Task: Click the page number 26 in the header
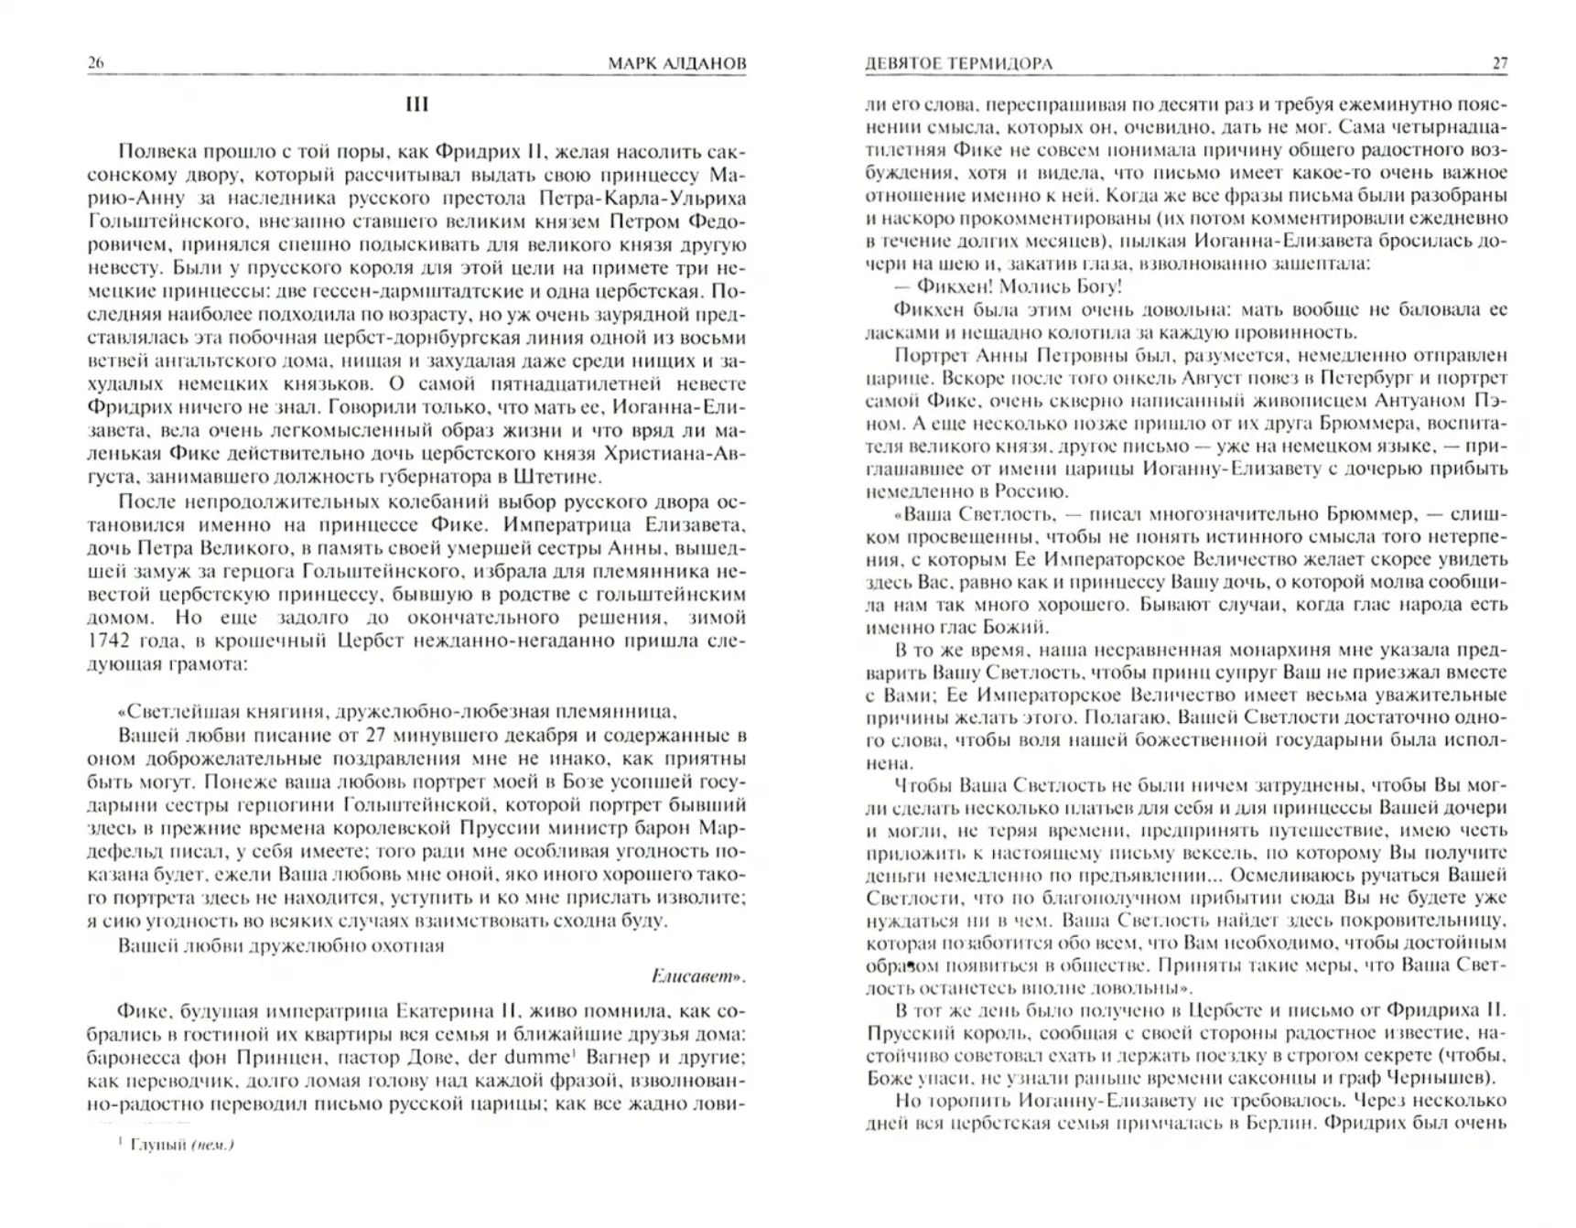[x=96, y=63]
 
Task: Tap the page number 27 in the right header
[x=1499, y=63]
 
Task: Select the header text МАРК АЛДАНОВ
[x=676, y=63]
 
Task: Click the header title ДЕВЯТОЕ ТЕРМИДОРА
[x=958, y=63]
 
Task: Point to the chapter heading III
[x=416, y=104]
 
